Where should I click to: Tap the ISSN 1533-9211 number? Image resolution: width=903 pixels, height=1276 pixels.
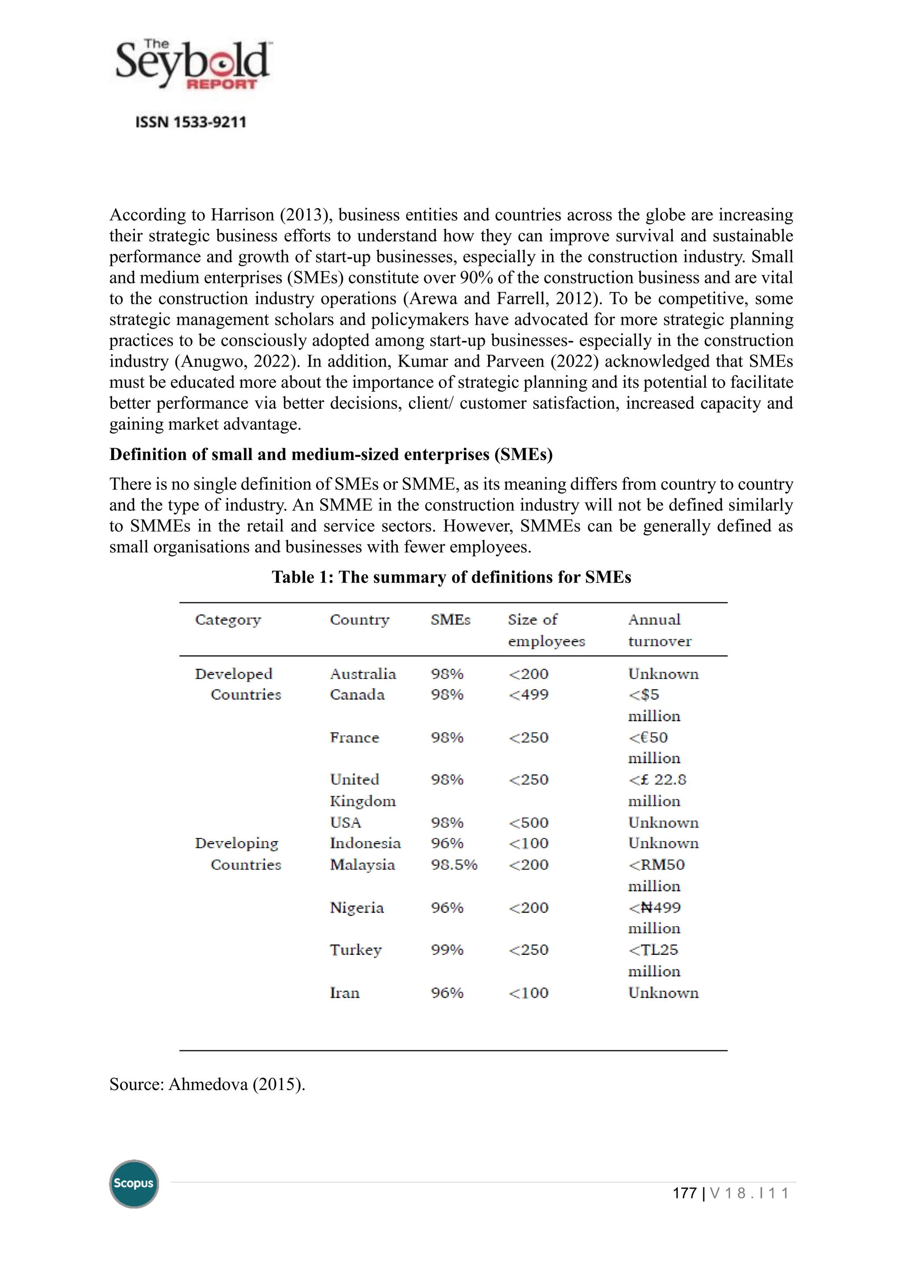click(191, 122)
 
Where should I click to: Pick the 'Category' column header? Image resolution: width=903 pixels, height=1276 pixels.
click(228, 619)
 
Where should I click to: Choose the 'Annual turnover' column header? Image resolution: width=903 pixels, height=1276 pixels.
click(660, 630)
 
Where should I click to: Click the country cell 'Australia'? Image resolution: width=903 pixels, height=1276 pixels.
click(362, 674)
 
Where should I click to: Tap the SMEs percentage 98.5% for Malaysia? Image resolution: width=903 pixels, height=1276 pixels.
click(454, 865)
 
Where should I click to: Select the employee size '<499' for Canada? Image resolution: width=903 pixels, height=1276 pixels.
click(528, 695)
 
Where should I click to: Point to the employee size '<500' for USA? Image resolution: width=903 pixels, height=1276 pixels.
click(528, 823)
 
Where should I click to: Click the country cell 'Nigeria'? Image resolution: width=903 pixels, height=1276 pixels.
click(356, 908)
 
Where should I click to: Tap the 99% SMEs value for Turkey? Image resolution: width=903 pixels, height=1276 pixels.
click(447, 950)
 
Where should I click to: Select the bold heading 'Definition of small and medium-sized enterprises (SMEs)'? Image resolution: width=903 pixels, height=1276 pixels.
click(331, 454)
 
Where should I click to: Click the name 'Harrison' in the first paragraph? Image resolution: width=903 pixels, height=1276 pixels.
click(243, 215)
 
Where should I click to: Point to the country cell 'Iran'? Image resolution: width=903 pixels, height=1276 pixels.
click(345, 993)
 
